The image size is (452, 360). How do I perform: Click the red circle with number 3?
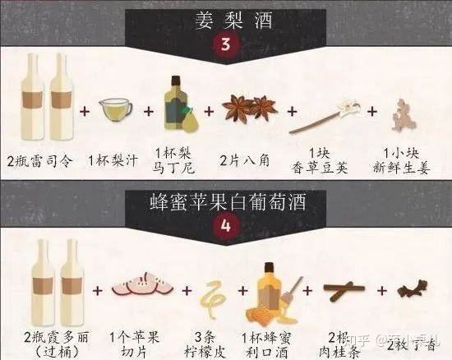226,45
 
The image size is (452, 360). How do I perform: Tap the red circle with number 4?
226,226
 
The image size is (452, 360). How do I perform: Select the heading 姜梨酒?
233,21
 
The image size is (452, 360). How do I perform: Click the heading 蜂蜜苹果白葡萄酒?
228,202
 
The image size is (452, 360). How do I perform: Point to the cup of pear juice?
116,110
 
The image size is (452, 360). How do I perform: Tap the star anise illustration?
250,108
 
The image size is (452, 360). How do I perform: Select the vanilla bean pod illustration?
325,116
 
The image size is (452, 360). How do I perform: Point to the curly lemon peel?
212,299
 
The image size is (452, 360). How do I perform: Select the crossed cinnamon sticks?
344,289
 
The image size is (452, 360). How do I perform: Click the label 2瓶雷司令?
39,161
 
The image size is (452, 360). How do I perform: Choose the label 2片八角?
244,160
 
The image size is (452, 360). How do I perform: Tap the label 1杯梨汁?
113,160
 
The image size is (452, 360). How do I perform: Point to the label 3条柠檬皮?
205,344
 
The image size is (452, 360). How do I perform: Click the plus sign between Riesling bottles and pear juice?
85,111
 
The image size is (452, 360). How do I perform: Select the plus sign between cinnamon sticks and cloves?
382,290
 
